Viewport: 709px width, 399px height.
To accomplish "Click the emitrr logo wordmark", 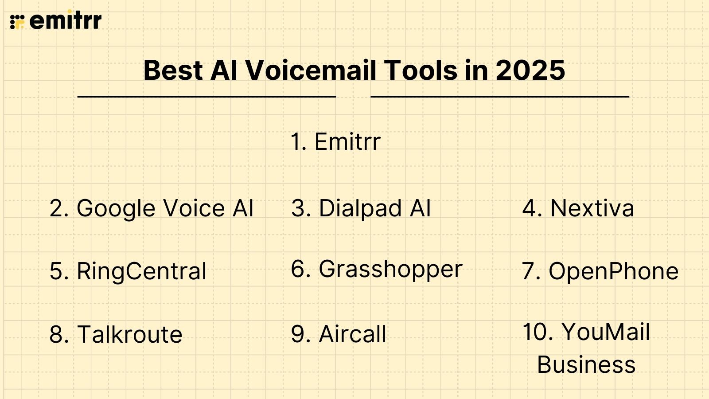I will point(66,21).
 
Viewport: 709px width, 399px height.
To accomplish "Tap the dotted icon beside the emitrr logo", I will point(17,21).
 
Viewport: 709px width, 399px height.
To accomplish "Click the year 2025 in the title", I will point(530,70).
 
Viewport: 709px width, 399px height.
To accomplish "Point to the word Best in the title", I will point(173,70).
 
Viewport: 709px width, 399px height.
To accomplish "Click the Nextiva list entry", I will point(592,208).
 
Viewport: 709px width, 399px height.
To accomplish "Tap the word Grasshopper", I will point(390,269).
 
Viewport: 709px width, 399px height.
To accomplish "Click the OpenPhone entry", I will point(613,271).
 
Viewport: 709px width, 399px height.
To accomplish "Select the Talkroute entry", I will point(129,334).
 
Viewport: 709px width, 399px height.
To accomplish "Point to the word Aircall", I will point(352,334).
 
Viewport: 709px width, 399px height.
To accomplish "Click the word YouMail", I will point(605,332).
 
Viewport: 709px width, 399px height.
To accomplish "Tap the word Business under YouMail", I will point(586,365).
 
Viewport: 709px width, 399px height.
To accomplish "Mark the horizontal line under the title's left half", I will point(206,96).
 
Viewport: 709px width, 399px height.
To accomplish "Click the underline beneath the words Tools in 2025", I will point(500,96).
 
